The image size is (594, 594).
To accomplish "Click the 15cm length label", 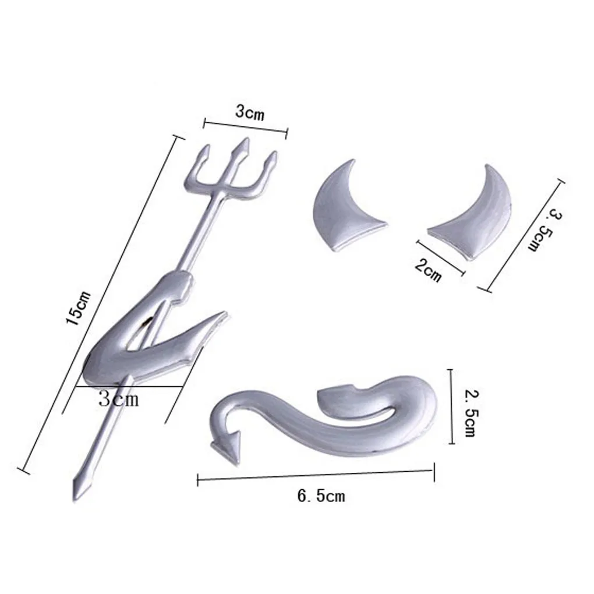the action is (79, 308).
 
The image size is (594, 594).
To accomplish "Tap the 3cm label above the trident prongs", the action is (250, 112).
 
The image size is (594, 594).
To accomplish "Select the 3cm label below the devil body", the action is (119, 398).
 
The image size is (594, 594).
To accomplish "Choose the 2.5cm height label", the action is (471, 413).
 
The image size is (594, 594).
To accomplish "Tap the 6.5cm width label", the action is (321, 496).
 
